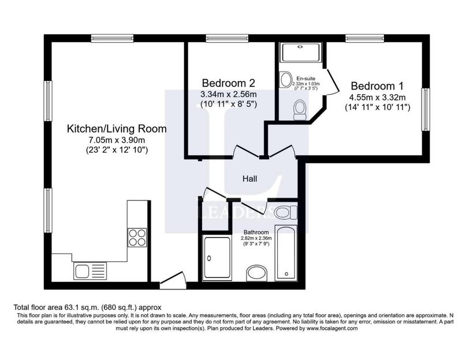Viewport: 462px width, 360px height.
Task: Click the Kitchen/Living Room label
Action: [117, 129]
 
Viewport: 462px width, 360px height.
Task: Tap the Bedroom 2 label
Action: [228, 83]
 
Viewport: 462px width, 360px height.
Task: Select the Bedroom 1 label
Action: [377, 86]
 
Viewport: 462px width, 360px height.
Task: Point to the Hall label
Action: [249, 179]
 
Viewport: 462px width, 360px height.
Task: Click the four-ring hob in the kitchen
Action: [137, 237]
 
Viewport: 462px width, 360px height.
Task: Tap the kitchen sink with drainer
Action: [90, 271]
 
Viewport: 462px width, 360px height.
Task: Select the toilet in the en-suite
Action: [300, 110]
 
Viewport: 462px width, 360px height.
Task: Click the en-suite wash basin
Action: [285, 79]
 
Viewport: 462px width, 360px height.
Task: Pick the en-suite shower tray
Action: [300, 53]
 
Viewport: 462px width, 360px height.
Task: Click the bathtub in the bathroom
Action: [286, 253]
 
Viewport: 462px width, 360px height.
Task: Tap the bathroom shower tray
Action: [217, 257]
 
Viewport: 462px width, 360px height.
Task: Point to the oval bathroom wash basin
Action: [256, 273]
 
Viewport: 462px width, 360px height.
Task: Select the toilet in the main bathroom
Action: [285, 212]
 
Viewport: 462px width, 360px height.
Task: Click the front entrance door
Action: [173, 280]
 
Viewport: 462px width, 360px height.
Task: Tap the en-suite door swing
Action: [333, 81]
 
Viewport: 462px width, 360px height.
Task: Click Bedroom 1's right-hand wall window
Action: [426, 109]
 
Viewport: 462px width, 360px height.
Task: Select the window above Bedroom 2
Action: [227, 38]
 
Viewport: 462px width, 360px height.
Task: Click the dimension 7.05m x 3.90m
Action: [117, 140]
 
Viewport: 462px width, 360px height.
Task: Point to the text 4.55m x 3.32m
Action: [378, 97]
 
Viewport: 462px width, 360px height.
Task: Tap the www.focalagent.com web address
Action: [332, 328]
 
